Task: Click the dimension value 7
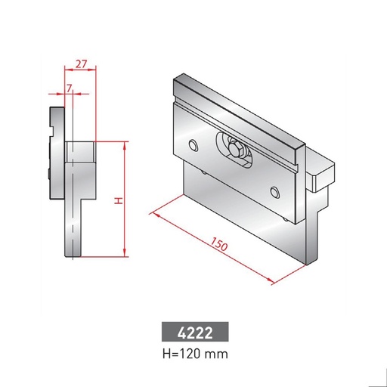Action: point(70,88)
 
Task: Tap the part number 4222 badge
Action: point(193,333)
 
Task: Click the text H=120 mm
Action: point(193,352)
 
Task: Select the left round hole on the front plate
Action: point(194,144)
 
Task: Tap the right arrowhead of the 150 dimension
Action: point(270,283)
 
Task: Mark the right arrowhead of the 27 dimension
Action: point(95,71)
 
